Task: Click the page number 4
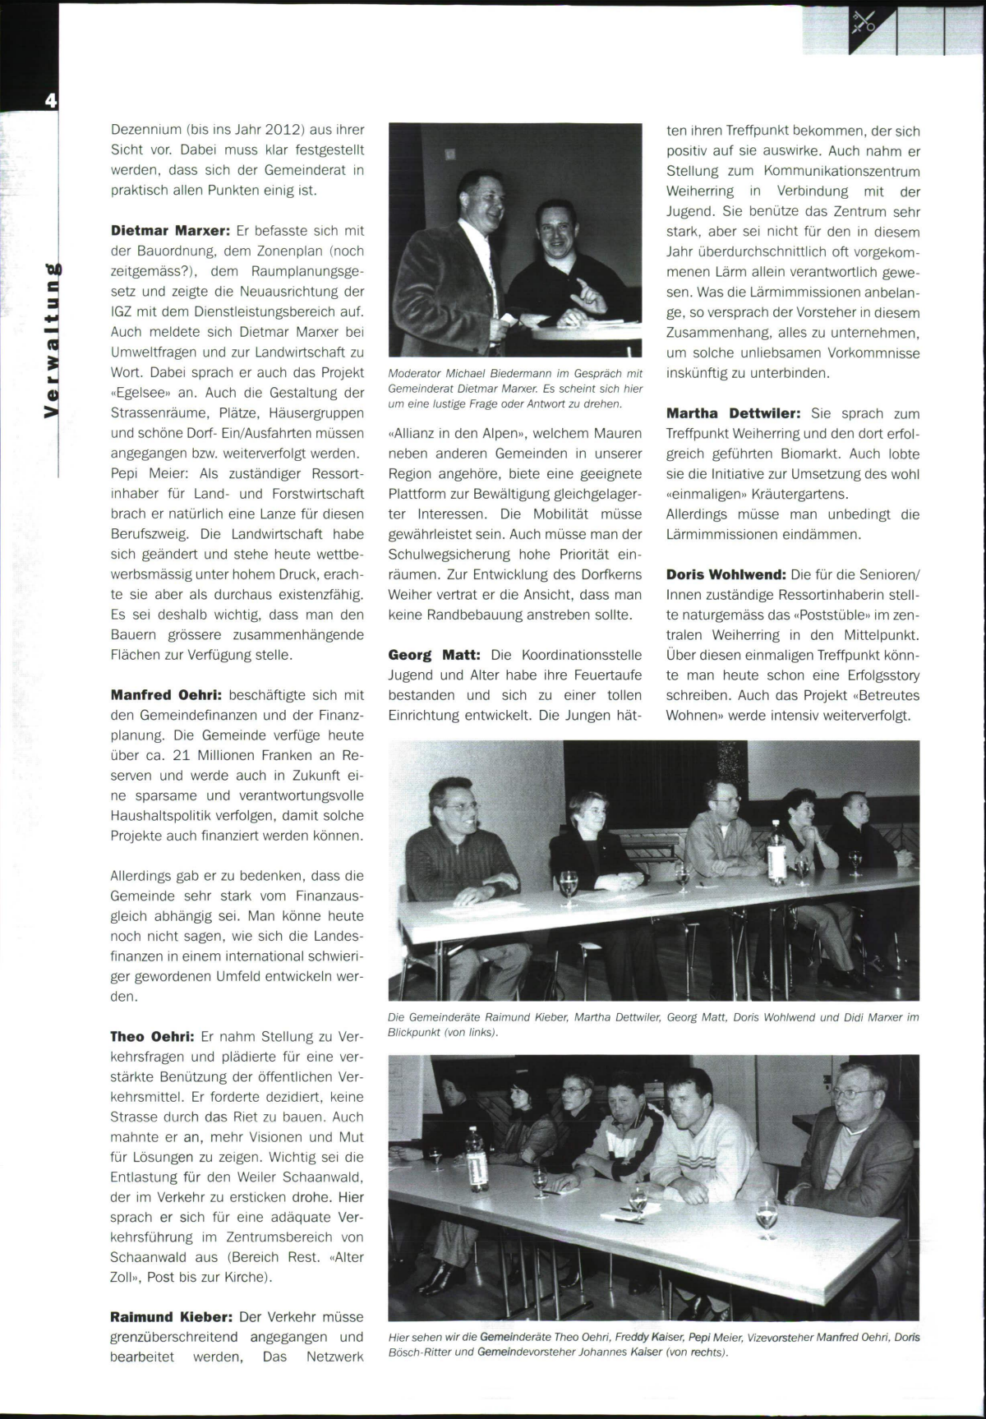51,101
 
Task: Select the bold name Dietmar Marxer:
169,231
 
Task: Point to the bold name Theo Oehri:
152,1036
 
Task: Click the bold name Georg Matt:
435,655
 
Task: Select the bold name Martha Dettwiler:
734,413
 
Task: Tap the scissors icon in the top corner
864,22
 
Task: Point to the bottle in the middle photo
776,851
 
